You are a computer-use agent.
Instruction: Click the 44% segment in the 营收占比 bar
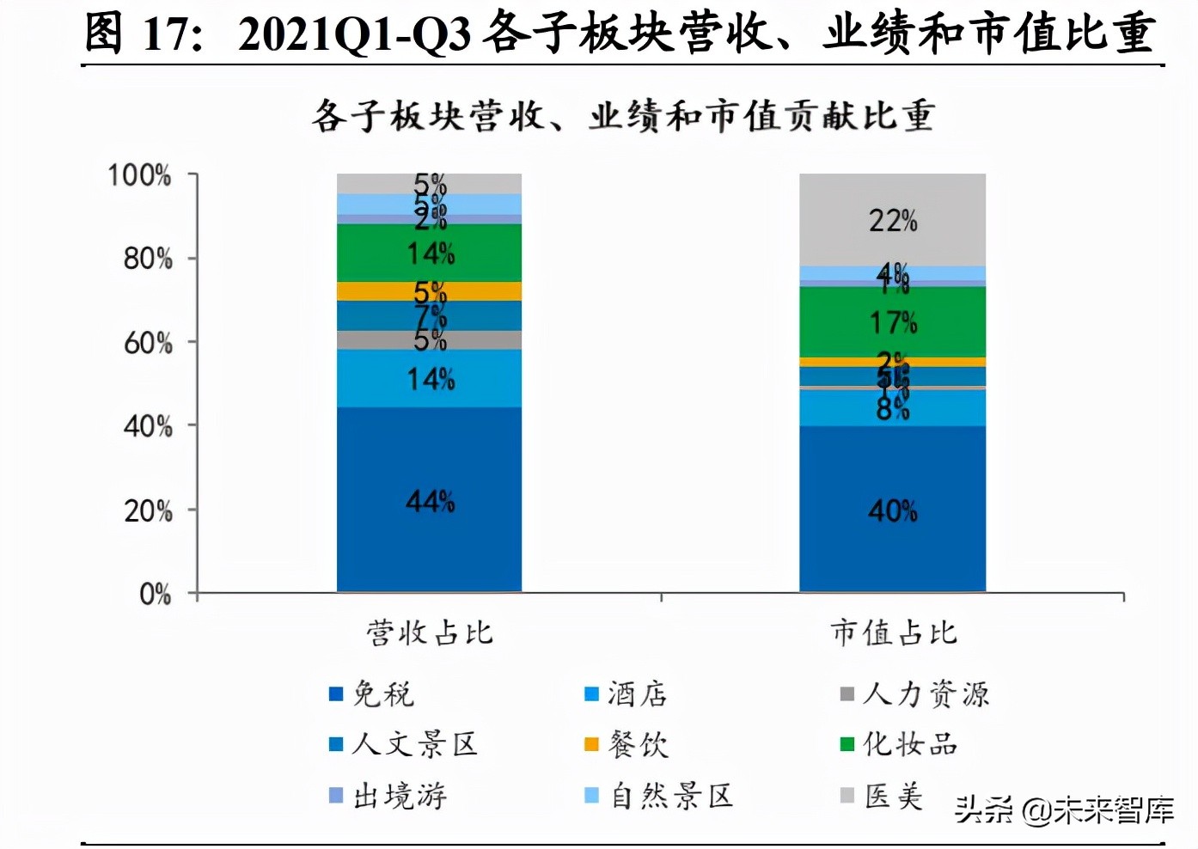[429, 499]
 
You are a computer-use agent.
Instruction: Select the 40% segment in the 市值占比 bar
[892, 510]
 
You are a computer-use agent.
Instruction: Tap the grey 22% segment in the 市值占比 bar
[892, 220]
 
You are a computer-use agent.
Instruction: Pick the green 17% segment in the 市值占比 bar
[892, 322]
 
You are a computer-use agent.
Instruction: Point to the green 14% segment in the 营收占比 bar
[429, 253]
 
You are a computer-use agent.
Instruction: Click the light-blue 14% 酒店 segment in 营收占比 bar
[429, 378]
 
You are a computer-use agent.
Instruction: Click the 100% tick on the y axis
[139, 175]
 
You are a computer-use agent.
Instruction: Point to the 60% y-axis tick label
[148, 343]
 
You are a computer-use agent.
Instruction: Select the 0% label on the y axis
[155, 594]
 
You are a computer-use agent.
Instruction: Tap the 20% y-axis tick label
[148, 510]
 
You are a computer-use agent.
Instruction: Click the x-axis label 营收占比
[429, 633]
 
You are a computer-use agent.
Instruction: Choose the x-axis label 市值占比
[893, 633]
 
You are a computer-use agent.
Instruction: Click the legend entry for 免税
[372, 693]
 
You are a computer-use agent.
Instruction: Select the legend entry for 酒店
[627, 693]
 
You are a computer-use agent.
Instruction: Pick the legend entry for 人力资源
[915, 693]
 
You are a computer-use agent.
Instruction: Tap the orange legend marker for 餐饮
[591, 744]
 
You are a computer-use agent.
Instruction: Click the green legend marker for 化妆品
[847, 744]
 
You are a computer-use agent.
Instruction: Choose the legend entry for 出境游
[388, 796]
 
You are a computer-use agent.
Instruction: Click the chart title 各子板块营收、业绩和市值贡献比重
[623, 116]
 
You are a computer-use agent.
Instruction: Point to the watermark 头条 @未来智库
[1064, 809]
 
